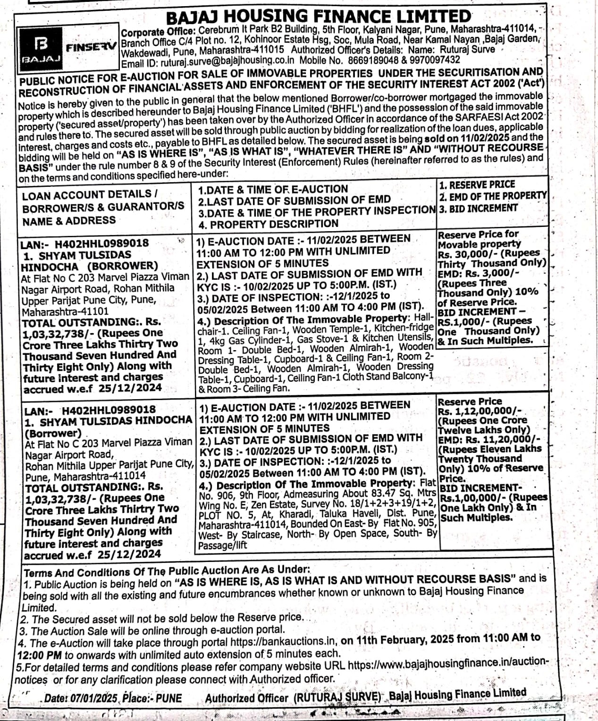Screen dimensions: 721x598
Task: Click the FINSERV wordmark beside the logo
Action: click(91, 48)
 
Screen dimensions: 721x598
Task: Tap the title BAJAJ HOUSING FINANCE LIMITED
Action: click(319, 17)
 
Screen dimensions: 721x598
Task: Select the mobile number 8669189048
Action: click(373, 60)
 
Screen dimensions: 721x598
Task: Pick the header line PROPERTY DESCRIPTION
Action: click(274, 224)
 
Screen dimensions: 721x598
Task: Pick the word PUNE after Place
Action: click(168, 697)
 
